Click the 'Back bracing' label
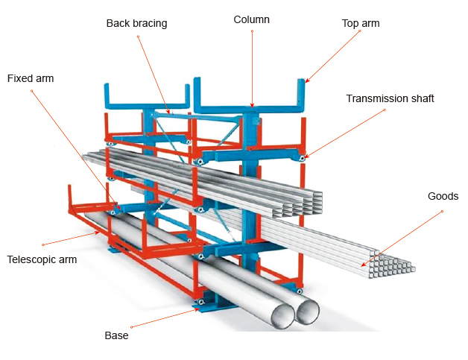(x=136, y=23)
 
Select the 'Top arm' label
(x=361, y=23)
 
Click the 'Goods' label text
(x=443, y=196)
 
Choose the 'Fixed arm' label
(x=31, y=78)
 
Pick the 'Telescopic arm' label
(x=42, y=259)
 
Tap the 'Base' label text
(x=116, y=335)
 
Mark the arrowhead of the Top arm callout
(x=306, y=81)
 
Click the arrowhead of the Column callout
(x=252, y=107)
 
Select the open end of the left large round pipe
(x=281, y=314)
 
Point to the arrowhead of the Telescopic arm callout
(x=101, y=232)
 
